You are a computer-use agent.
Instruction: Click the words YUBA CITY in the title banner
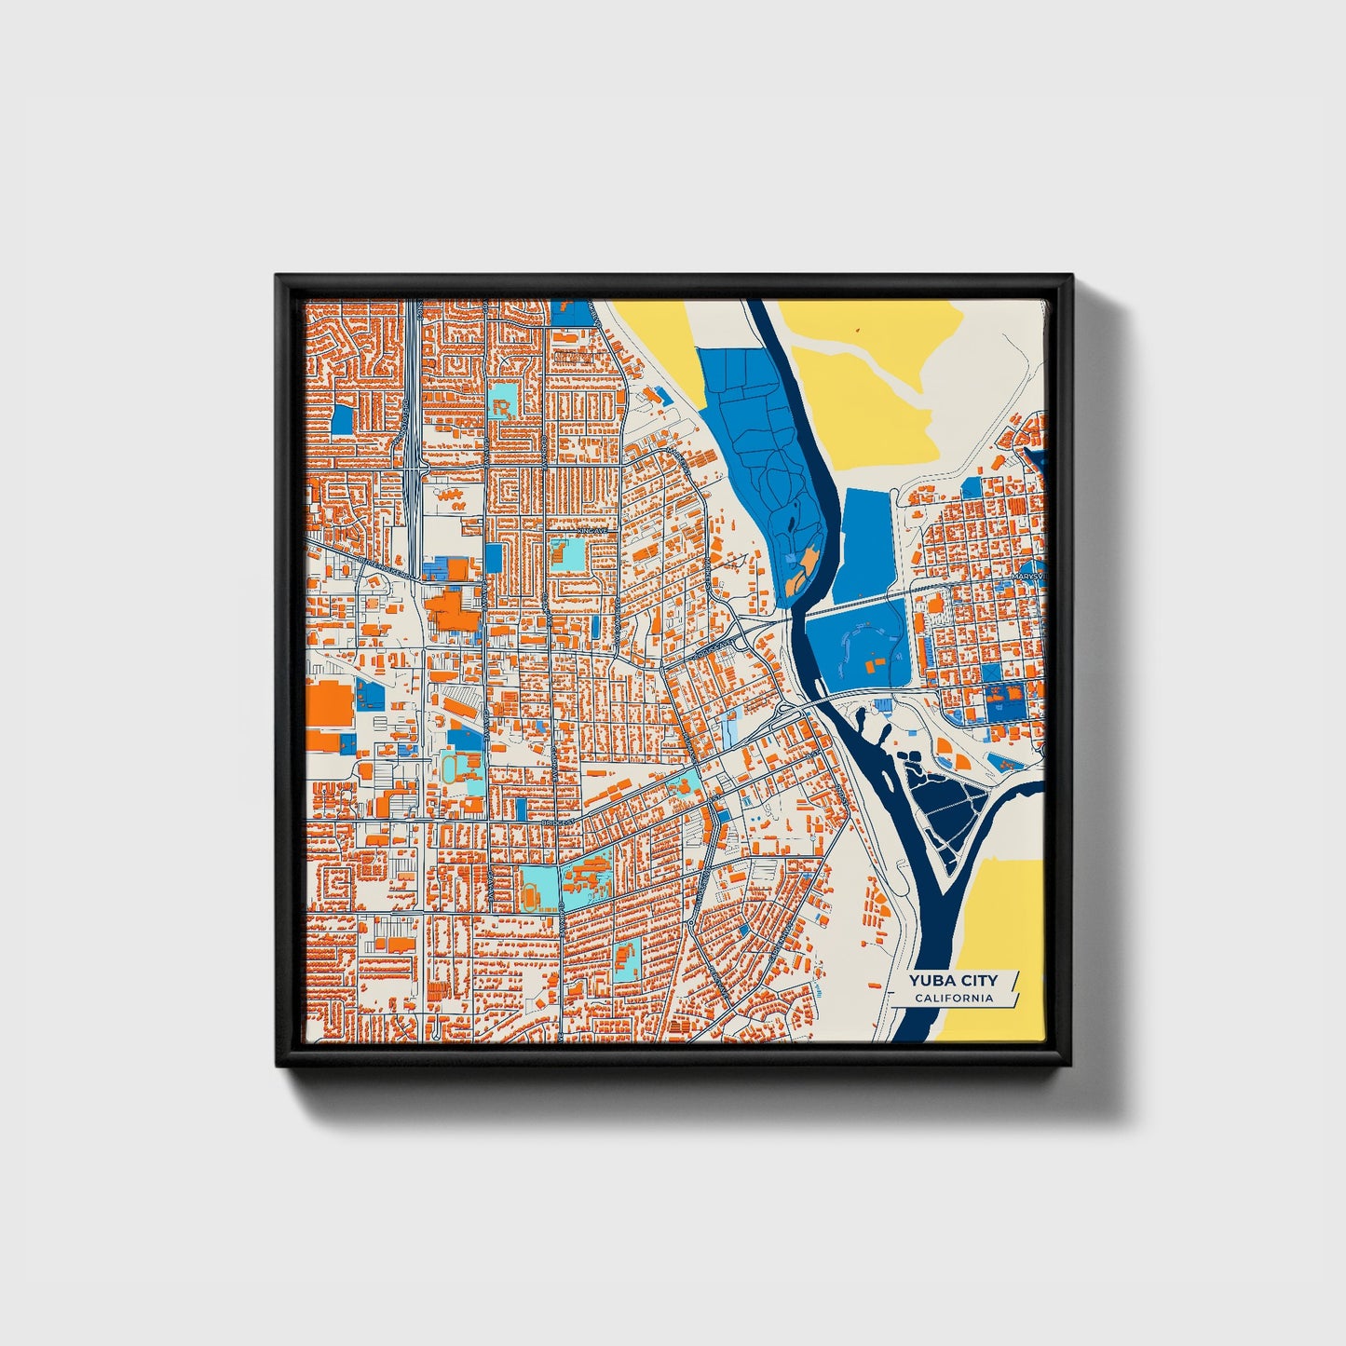953,980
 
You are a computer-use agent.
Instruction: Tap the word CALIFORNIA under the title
953,999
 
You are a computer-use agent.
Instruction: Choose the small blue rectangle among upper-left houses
343,419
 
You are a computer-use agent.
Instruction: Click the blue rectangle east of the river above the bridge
866,545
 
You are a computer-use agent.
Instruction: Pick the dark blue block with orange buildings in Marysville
1004,699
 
